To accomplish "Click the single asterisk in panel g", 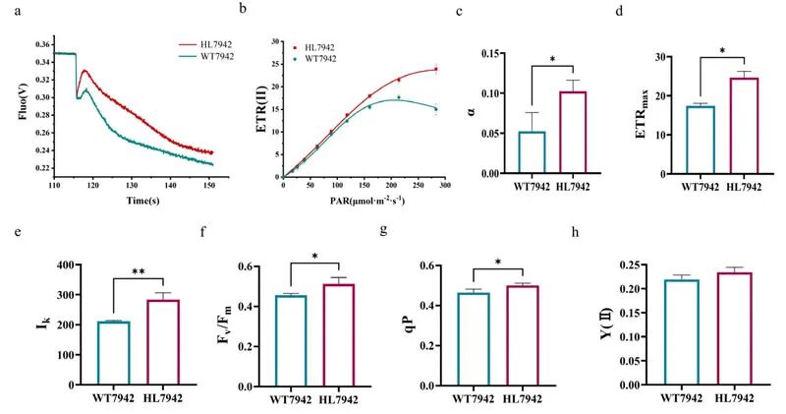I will tap(500, 263).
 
